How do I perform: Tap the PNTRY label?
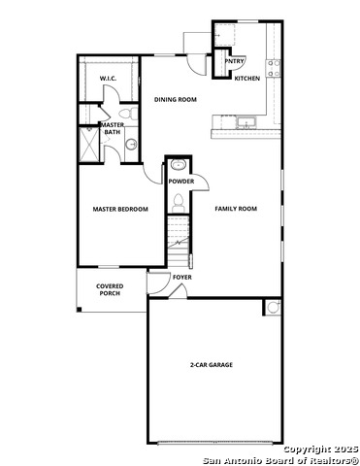tap(234, 61)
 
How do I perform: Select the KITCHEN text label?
tap(247, 79)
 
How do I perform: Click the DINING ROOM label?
tap(176, 99)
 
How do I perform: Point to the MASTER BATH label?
tap(113, 128)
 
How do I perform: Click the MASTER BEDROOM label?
tap(120, 209)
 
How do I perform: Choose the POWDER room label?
tap(180, 182)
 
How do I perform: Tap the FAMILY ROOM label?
tap(236, 209)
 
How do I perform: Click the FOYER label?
tap(182, 278)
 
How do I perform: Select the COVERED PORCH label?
tap(109, 290)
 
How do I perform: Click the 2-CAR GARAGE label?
tap(211, 365)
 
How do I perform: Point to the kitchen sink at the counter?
tap(246, 123)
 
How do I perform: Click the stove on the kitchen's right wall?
tap(276, 68)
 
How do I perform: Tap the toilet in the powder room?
tap(180, 201)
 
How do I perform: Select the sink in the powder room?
tap(177, 164)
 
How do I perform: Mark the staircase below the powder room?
tap(177, 237)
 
